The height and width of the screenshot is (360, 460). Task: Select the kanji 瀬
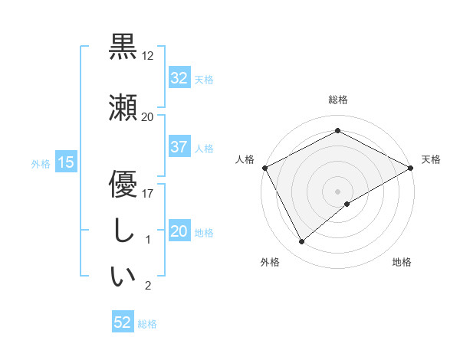pyautogui.click(x=123, y=106)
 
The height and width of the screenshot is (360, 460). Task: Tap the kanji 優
pyautogui.click(x=123, y=185)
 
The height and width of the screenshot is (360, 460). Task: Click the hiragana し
pyautogui.click(x=123, y=233)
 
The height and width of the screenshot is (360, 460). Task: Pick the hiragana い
pyautogui.click(x=123, y=277)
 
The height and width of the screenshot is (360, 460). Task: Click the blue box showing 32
pyautogui.click(x=179, y=78)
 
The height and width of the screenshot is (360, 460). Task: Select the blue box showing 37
pyautogui.click(x=179, y=148)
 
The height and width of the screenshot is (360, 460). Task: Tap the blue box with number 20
pyautogui.click(x=179, y=232)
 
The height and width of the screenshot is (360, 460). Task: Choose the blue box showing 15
pyautogui.click(x=65, y=162)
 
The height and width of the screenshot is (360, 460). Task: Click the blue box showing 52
pyautogui.click(x=123, y=323)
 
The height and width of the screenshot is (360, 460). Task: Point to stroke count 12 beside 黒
pyautogui.click(x=148, y=56)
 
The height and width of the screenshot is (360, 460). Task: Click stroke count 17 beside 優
pyautogui.click(x=148, y=194)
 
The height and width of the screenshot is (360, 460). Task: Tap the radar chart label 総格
pyautogui.click(x=337, y=100)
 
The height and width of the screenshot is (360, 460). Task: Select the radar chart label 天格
pyautogui.click(x=431, y=159)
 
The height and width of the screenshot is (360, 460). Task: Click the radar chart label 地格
pyautogui.click(x=402, y=262)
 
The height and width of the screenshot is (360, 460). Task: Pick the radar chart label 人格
pyautogui.click(x=245, y=159)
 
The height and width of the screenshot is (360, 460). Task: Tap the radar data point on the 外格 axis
pyautogui.click(x=302, y=242)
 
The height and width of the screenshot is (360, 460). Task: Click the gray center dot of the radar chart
pyautogui.click(x=337, y=191)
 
